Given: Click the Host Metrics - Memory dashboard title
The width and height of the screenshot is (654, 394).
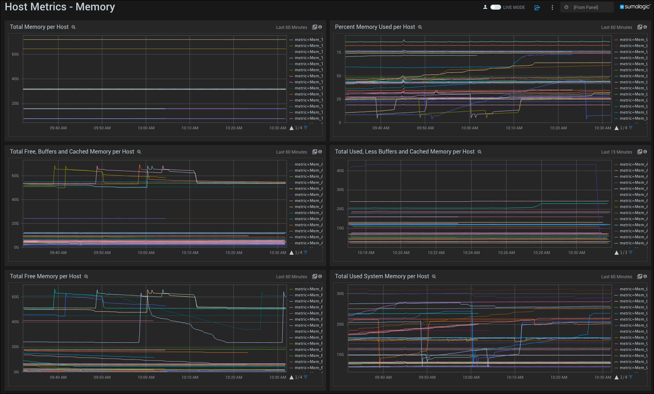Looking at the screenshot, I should coord(60,7).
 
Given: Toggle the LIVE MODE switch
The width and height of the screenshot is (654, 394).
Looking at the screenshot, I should coord(495,7).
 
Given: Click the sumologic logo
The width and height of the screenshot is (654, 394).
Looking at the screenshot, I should coord(635,7).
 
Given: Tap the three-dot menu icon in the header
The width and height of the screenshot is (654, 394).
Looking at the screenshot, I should coord(552,7).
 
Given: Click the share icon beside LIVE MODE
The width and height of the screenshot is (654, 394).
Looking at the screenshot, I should coord(537,7).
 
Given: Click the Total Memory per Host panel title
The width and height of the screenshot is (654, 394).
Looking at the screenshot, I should coord(39,27).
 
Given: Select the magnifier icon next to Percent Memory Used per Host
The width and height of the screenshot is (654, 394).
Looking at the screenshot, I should coord(420,27).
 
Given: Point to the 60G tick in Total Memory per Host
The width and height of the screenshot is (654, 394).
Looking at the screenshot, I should coord(15,54).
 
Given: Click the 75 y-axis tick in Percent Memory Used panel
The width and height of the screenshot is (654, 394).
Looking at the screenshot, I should coord(339,52).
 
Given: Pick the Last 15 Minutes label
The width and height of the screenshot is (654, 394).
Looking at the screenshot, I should coord(617,152).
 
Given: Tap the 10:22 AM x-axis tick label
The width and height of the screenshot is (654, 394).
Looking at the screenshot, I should coord(436,253).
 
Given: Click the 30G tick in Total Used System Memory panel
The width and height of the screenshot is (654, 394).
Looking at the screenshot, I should coord(340,294).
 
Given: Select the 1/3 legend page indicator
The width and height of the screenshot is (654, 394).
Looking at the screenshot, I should coord(623,253).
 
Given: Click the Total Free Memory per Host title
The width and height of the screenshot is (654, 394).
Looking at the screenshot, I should coord(46,276).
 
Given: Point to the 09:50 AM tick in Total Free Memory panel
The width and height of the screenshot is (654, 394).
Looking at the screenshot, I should coord(102,377).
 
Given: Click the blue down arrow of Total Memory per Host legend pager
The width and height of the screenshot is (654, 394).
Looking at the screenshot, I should coord(306,128).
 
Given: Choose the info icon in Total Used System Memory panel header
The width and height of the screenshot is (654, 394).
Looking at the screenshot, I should coord(645,276).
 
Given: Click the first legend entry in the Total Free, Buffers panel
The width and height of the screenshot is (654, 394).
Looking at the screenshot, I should coord(307,164).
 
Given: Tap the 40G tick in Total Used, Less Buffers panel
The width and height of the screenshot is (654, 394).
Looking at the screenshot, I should coord(340,171).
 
